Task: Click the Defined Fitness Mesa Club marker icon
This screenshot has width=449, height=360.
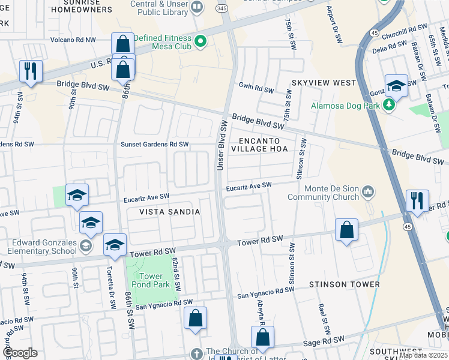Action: coord(200,41)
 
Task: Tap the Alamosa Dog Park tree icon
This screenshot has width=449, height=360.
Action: coord(390,106)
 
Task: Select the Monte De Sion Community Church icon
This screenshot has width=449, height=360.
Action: coord(368,192)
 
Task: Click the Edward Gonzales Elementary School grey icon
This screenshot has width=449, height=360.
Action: coord(86,245)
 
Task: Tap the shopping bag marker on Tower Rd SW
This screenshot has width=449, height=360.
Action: coord(347,230)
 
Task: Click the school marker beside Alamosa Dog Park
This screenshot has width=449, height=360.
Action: coord(396,86)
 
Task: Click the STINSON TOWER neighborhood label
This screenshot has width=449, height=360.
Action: coord(344,284)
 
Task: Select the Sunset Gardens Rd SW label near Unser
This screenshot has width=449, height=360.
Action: coord(155,144)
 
